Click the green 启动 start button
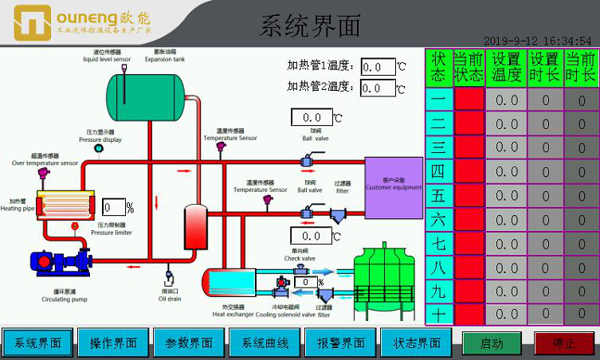[492, 343]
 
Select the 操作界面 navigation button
[112, 343]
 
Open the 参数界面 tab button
[189, 343]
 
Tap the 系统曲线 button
[265, 343]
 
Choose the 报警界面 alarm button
[341, 343]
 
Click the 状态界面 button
[417, 343]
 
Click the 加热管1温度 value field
[378, 67]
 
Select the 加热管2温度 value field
[378, 88]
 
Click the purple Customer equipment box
[394, 187]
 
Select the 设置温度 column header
[507, 68]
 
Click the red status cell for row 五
[469, 196]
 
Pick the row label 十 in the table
[438, 314]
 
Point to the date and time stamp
[537, 41]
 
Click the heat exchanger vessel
[229, 280]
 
